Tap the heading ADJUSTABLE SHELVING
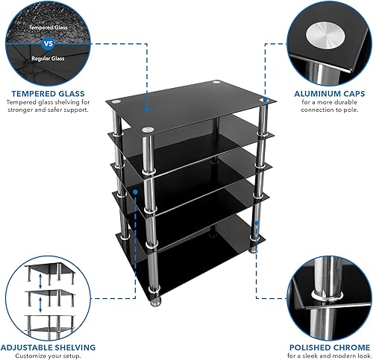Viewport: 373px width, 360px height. (x=48, y=347)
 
